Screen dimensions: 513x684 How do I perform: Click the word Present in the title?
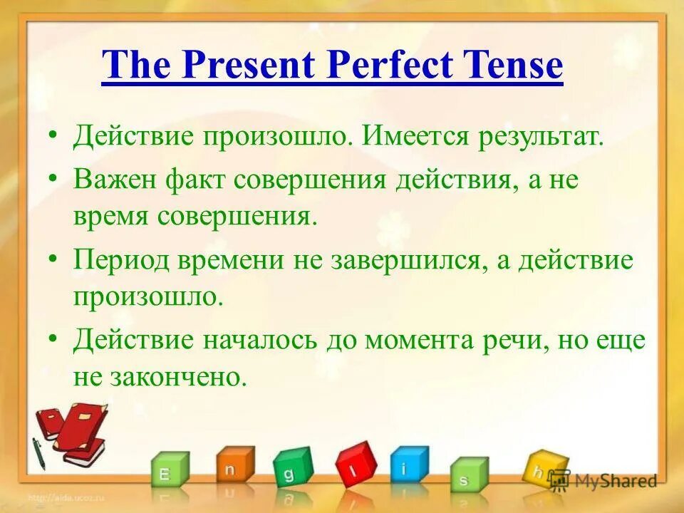(248, 66)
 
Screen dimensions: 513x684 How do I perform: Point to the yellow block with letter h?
(543, 469)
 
